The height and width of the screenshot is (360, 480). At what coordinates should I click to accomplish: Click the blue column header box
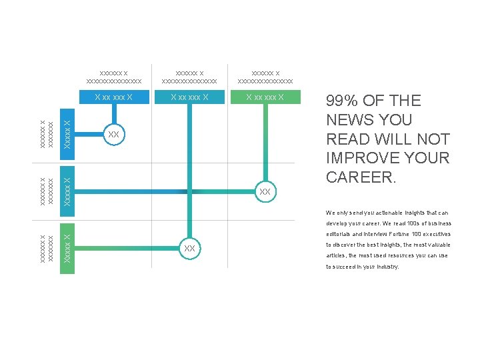point(113,97)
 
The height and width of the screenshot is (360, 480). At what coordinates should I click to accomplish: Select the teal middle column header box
point(189,97)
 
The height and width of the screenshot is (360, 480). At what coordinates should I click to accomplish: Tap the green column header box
point(265,97)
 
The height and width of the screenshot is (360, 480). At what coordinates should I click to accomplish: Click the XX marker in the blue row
point(114,135)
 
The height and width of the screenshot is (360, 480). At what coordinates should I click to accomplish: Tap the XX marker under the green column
point(265,192)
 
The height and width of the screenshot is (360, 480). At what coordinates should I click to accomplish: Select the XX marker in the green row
point(189,249)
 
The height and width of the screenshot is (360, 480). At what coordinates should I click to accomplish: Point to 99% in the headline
point(343,101)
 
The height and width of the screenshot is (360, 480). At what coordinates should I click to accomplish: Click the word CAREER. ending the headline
point(361,178)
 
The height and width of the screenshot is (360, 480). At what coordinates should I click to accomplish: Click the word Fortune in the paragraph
point(404,235)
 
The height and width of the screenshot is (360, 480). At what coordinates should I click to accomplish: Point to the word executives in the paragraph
point(437,235)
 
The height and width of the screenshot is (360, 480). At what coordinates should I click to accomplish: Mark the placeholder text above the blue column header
point(114,77)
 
